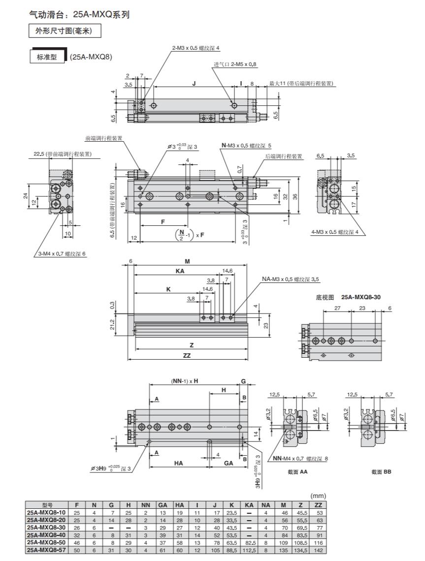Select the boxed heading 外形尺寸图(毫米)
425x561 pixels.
[x=65, y=32]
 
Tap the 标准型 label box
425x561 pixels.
[x=47, y=57]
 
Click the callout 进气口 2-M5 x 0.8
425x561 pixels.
[x=235, y=64]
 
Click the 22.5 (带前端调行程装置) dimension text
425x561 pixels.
[x=65, y=154]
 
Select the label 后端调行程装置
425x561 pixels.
[x=284, y=156]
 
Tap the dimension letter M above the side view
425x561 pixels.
[x=187, y=262]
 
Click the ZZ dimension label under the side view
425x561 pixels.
[x=187, y=355]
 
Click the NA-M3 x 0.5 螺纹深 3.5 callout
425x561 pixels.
[x=291, y=280]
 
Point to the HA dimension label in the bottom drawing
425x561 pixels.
[x=179, y=463]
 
